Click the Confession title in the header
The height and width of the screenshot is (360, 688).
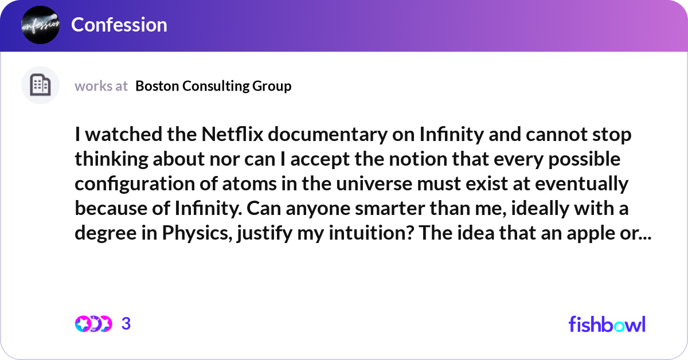119,25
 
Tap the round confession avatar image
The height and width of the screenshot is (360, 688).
40,25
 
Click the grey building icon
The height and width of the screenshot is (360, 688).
40,85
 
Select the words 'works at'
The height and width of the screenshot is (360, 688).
101,86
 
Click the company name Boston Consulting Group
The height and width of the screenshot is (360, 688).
213,86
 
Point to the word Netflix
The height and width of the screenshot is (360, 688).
233,134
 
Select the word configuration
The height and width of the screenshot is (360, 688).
135,184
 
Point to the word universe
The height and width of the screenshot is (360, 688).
374,183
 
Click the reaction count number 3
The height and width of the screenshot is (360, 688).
126,324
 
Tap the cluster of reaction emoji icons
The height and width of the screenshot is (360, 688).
93,324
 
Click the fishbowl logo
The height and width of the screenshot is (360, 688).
607,324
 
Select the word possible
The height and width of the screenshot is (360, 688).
584,159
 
